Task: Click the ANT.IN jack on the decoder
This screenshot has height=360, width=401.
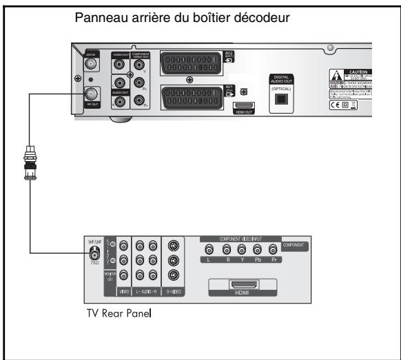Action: point(89,66)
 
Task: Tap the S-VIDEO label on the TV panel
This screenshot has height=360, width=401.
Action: point(173,293)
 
